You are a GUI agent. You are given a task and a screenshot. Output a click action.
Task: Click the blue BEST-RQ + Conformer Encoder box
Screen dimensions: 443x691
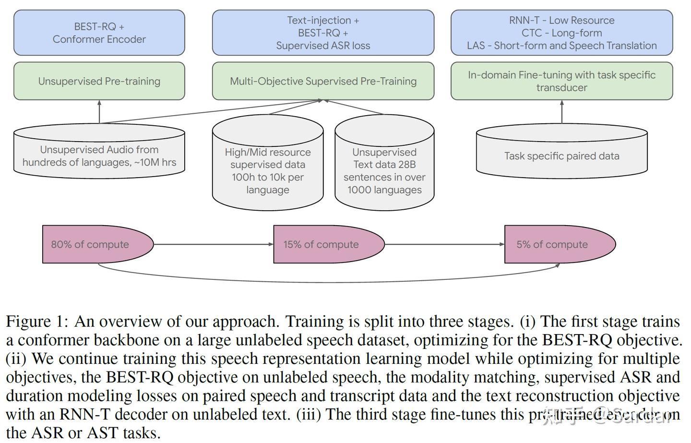point(99,33)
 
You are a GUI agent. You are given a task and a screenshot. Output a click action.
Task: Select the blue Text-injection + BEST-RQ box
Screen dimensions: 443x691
point(323,33)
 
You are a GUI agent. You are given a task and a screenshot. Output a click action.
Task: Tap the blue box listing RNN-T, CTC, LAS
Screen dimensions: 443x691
point(561,33)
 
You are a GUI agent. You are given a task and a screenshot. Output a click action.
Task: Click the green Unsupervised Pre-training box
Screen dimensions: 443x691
point(99,81)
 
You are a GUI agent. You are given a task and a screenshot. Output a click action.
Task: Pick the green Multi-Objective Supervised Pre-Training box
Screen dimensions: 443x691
point(323,81)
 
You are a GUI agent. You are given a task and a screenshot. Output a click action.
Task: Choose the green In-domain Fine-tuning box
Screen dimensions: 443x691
point(561,81)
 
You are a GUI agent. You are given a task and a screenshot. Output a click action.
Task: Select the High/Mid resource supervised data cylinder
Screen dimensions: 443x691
point(268,170)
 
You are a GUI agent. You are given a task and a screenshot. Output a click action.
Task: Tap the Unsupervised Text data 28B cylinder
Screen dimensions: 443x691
point(384,170)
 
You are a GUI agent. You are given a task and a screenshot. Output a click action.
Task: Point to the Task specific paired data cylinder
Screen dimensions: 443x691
point(561,156)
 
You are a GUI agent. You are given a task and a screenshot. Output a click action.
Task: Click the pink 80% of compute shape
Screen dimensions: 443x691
point(91,244)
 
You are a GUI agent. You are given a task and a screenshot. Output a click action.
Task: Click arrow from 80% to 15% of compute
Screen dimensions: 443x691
point(214,244)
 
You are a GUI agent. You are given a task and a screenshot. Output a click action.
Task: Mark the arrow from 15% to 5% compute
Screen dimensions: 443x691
point(444,244)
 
